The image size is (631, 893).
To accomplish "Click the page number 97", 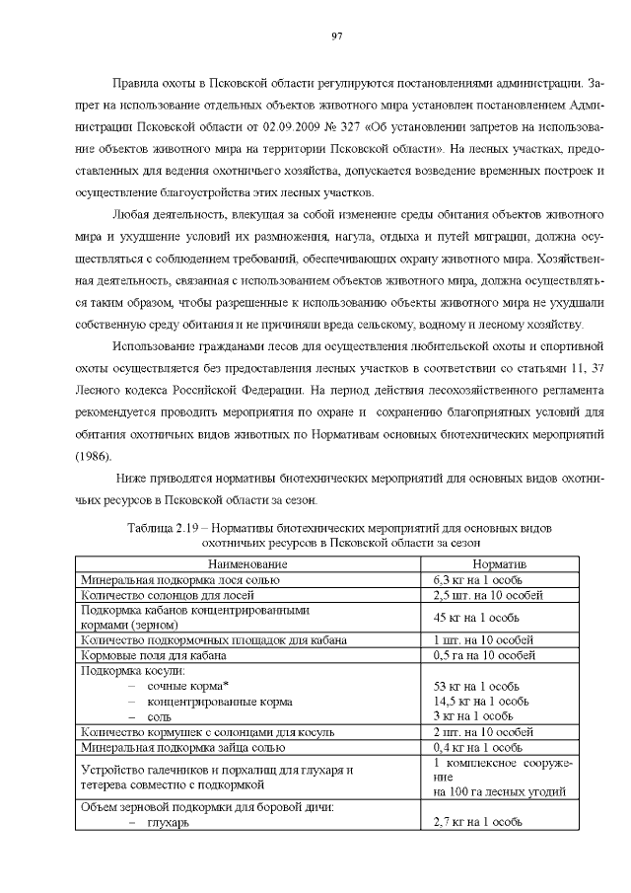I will point(337,36).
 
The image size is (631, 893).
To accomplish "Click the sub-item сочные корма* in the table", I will point(188,685).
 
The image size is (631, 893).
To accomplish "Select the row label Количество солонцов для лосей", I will point(164,595).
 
